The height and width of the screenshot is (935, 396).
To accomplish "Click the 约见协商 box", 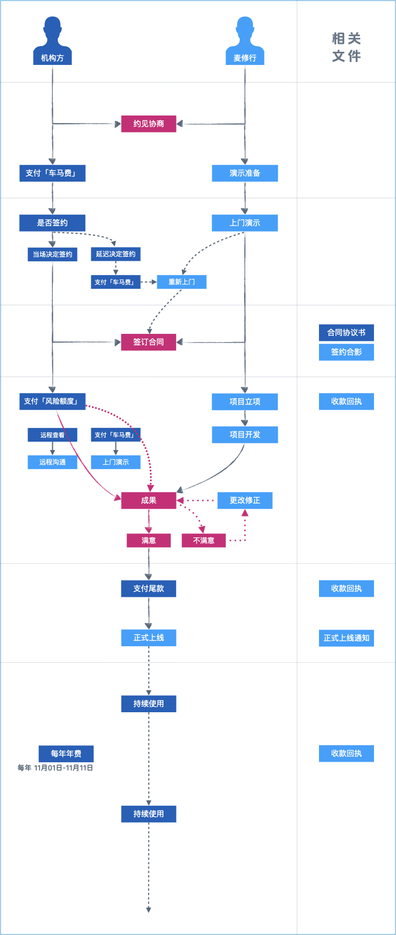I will pyautogui.click(x=148, y=124).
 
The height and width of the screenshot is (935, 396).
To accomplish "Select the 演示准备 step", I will pyautogui.click(x=245, y=173).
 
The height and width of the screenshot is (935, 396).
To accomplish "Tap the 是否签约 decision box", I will pyautogui.click(x=52, y=223).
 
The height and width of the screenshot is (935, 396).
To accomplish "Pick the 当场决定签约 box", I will pyautogui.click(x=52, y=254).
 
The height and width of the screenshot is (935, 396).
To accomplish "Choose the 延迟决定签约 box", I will pyautogui.click(x=116, y=254).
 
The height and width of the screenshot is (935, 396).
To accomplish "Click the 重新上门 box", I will pyautogui.click(x=182, y=282).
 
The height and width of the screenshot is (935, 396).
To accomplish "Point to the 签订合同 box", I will pyautogui.click(x=148, y=342).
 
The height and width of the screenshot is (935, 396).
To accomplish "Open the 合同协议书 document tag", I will pyautogui.click(x=346, y=333).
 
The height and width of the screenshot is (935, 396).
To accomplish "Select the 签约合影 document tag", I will pyautogui.click(x=346, y=352).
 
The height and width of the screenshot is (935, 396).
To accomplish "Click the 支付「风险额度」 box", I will pyautogui.click(x=52, y=402).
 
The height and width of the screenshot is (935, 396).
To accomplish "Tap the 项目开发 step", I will pyautogui.click(x=245, y=435).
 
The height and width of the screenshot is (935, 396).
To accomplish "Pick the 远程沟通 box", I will pyautogui.click(x=52, y=462).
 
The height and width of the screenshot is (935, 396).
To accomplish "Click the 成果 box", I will pyautogui.click(x=148, y=501).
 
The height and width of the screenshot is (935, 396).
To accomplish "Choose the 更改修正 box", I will pyautogui.click(x=245, y=501).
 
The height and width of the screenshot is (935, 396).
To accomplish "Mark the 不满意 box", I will pyautogui.click(x=204, y=541).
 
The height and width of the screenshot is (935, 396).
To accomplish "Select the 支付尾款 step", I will pyautogui.click(x=148, y=588).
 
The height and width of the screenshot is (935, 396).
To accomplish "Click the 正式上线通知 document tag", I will pyautogui.click(x=346, y=638).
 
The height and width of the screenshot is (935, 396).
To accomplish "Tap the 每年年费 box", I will pyautogui.click(x=66, y=754).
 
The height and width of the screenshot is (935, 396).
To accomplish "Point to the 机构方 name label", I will pyautogui.click(x=52, y=58).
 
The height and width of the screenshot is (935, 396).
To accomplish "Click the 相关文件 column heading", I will pyautogui.click(x=346, y=47).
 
